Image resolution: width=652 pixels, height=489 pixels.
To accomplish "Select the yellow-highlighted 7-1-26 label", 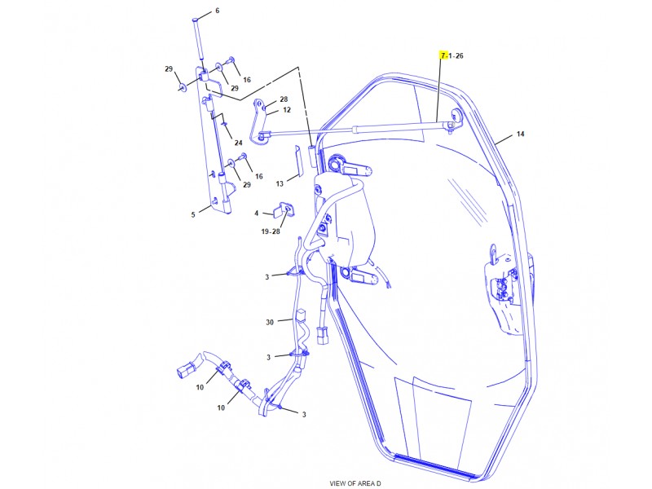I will pyautogui.click(x=451, y=55).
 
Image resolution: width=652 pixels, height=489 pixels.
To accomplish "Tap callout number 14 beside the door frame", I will pyautogui.click(x=520, y=134).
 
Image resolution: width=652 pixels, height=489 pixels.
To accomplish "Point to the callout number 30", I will pyautogui.click(x=269, y=323).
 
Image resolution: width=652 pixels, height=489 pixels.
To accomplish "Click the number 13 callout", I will pyautogui.click(x=279, y=183).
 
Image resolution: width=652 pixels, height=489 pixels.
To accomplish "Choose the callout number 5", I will pyautogui.click(x=193, y=215).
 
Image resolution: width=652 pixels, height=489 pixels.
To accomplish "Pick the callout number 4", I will pyautogui.click(x=256, y=214).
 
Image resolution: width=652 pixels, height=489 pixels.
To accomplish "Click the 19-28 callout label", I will pyautogui.click(x=271, y=232).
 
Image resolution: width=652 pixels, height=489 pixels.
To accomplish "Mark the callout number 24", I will pyautogui.click(x=238, y=143).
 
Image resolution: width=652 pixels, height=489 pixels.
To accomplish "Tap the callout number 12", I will pyautogui.click(x=286, y=110).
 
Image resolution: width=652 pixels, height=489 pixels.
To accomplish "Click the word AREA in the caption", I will pyautogui.click(x=366, y=483).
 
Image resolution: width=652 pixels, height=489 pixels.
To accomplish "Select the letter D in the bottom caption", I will pyautogui.click(x=380, y=483).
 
